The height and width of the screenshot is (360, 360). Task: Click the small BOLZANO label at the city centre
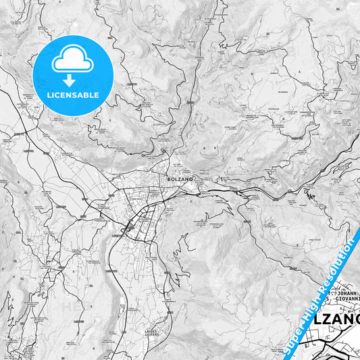click(180, 179)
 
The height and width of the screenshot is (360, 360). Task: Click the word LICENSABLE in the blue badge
click(73, 95)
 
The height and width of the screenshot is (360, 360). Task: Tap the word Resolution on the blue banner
click(338, 263)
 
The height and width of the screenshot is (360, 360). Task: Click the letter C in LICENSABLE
click(59, 95)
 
